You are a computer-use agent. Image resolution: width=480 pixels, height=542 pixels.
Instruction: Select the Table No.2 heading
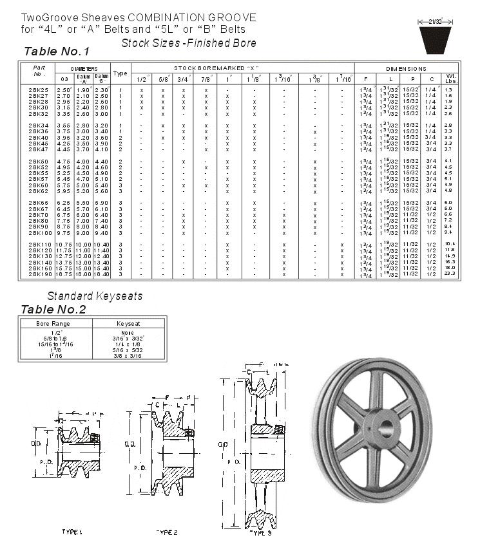pos(53,309)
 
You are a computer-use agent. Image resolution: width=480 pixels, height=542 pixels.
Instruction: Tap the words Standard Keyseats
pos(95,296)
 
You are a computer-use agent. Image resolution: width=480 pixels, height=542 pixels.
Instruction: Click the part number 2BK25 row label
pos(38,90)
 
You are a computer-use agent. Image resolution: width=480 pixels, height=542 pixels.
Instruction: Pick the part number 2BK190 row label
pos(39,274)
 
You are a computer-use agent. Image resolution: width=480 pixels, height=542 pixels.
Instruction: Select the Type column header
pos(120,73)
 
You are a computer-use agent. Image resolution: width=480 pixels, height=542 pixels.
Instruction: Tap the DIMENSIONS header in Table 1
pos(406,68)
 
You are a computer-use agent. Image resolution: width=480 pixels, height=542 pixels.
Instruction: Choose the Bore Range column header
pos(55,323)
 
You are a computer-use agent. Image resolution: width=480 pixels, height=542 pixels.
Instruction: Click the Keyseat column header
pos(129,323)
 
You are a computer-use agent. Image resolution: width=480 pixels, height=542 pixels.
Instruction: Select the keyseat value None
pos(129,333)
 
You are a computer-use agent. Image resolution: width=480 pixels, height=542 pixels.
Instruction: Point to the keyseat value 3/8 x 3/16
pos(129,355)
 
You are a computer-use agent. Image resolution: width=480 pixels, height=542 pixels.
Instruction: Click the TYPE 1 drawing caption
pos(72,532)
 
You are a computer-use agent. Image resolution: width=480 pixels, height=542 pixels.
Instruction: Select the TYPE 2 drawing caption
pos(167,532)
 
